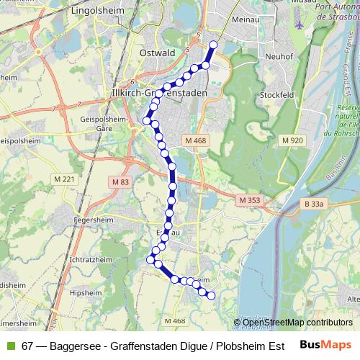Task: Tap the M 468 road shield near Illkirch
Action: pyautogui.click(x=195, y=140)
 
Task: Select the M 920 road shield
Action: pyautogui.click(x=293, y=140)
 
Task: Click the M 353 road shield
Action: pyautogui.click(x=250, y=199)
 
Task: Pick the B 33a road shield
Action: pyautogui.click(x=315, y=204)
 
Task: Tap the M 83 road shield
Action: pyautogui.click(x=122, y=182)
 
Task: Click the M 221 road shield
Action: pyautogui.click(x=64, y=179)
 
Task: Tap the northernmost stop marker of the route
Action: pyautogui.click(x=213, y=45)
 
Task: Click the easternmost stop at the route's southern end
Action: pyautogui.click(x=212, y=295)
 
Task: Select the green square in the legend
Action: pyautogui.click(x=10, y=345)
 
